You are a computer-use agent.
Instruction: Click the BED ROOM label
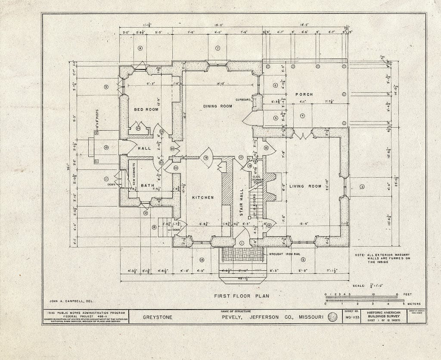point(146,110)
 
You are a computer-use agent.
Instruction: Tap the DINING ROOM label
point(218,106)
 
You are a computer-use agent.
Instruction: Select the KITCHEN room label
point(203,197)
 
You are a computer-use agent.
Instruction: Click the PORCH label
point(304,94)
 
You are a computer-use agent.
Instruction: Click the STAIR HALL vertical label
point(242,201)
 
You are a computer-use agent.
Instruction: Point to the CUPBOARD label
point(242,100)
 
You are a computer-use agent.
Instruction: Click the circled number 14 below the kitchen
point(201,260)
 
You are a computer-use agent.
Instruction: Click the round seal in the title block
point(332,318)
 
